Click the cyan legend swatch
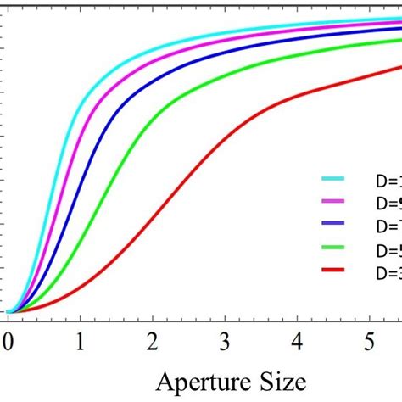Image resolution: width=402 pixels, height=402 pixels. click(x=333, y=180)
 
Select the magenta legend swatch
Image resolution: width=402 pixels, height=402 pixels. click(x=333, y=203)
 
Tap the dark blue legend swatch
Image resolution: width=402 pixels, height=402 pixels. click(x=333, y=225)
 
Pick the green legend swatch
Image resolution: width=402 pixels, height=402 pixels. click(x=333, y=248)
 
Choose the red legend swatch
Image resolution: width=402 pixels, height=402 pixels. click(x=333, y=270)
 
